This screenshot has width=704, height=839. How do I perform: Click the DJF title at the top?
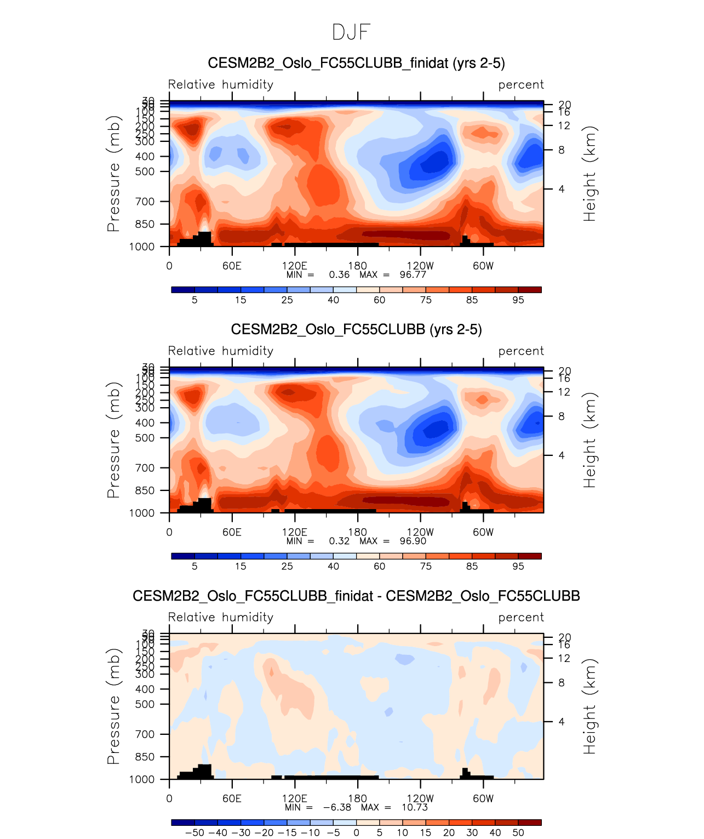[x=351, y=33]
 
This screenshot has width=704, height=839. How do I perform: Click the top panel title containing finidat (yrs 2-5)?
[x=356, y=64]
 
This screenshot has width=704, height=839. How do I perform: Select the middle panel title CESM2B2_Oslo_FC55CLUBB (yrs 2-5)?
[x=356, y=330]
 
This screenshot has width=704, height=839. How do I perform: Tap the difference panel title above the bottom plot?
[x=356, y=596]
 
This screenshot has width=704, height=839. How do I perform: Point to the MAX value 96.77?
[x=413, y=275]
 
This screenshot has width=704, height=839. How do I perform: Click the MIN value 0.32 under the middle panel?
[x=339, y=541]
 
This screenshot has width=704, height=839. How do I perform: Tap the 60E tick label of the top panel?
[x=232, y=266]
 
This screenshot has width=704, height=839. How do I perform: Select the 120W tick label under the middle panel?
[x=420, y=532]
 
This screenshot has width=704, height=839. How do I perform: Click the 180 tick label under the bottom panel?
[x=357, y=798]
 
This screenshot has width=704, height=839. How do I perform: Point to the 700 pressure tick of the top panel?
[x=145, y=202]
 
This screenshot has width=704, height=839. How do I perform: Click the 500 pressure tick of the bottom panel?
[x=145, y=704]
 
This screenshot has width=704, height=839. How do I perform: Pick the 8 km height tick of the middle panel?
[x=562, y=416]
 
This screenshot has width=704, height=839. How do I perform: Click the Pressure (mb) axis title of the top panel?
[x=113, y=173]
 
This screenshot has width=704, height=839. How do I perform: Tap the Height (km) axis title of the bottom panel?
[x=589, y=706]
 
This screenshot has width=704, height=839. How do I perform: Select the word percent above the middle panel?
[x=521, y=351]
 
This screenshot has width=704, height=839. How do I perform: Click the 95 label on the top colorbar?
[x=518, y=300]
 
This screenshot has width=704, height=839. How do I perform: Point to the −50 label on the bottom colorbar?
[x=194, y=833]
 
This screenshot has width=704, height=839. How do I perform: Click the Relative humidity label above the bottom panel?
[x=221, y=618]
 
